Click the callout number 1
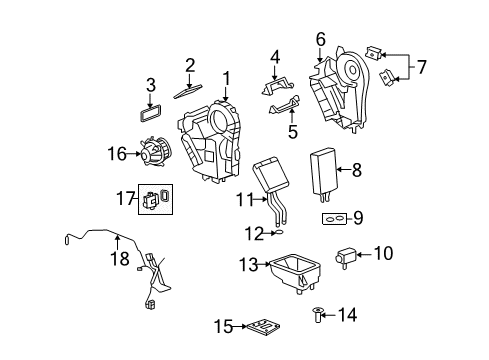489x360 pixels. click(x=226, y=77)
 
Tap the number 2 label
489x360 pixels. click(x=189, y=66)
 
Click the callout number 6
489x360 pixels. click(x=320, y=39)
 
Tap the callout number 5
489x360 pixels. click(x=293, y=130)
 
